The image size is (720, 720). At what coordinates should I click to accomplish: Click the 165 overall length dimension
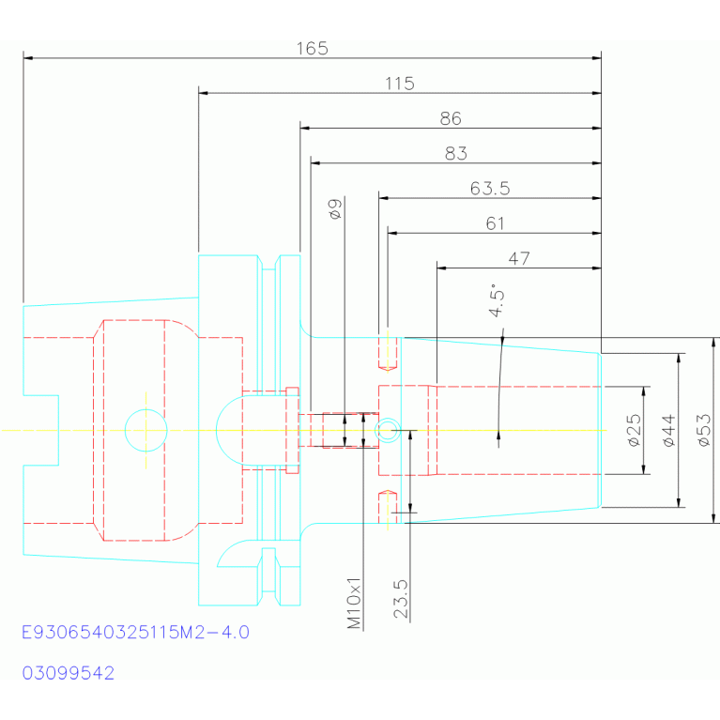coord(313,48)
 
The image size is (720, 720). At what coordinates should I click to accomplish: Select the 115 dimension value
coord(400,84)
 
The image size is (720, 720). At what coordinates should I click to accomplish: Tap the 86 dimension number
coord(451,118)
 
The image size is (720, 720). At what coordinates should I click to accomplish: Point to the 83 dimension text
coord(456,153)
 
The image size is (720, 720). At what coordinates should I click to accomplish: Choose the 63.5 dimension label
coord(490,189)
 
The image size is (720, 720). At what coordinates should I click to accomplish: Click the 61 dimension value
coord(495,223)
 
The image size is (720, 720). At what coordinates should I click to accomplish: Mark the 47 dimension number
coord(519,258)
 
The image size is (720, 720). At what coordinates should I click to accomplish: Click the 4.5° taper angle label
coord(497,300)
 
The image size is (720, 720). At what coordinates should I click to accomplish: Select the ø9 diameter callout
coord(335,209)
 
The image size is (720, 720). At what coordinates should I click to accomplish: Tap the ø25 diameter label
coord(635,430)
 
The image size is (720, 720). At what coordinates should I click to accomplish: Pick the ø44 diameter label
coord(669,430)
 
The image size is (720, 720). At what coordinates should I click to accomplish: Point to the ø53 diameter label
coord(704,430)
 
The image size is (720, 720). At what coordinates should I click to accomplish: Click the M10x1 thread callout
coord(354,604)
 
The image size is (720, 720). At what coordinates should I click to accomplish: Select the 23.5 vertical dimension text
coord(401,599)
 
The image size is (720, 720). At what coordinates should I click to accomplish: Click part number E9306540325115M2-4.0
coord(136,633)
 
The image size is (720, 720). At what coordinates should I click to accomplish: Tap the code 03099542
coord(69,673)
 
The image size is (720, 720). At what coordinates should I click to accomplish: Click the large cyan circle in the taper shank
coord(146,409)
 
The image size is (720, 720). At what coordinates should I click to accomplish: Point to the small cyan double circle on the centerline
coord(388,419)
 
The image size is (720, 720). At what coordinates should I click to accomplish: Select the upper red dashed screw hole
coord(388,353)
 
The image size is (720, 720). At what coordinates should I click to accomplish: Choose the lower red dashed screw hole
coord(388,507)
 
